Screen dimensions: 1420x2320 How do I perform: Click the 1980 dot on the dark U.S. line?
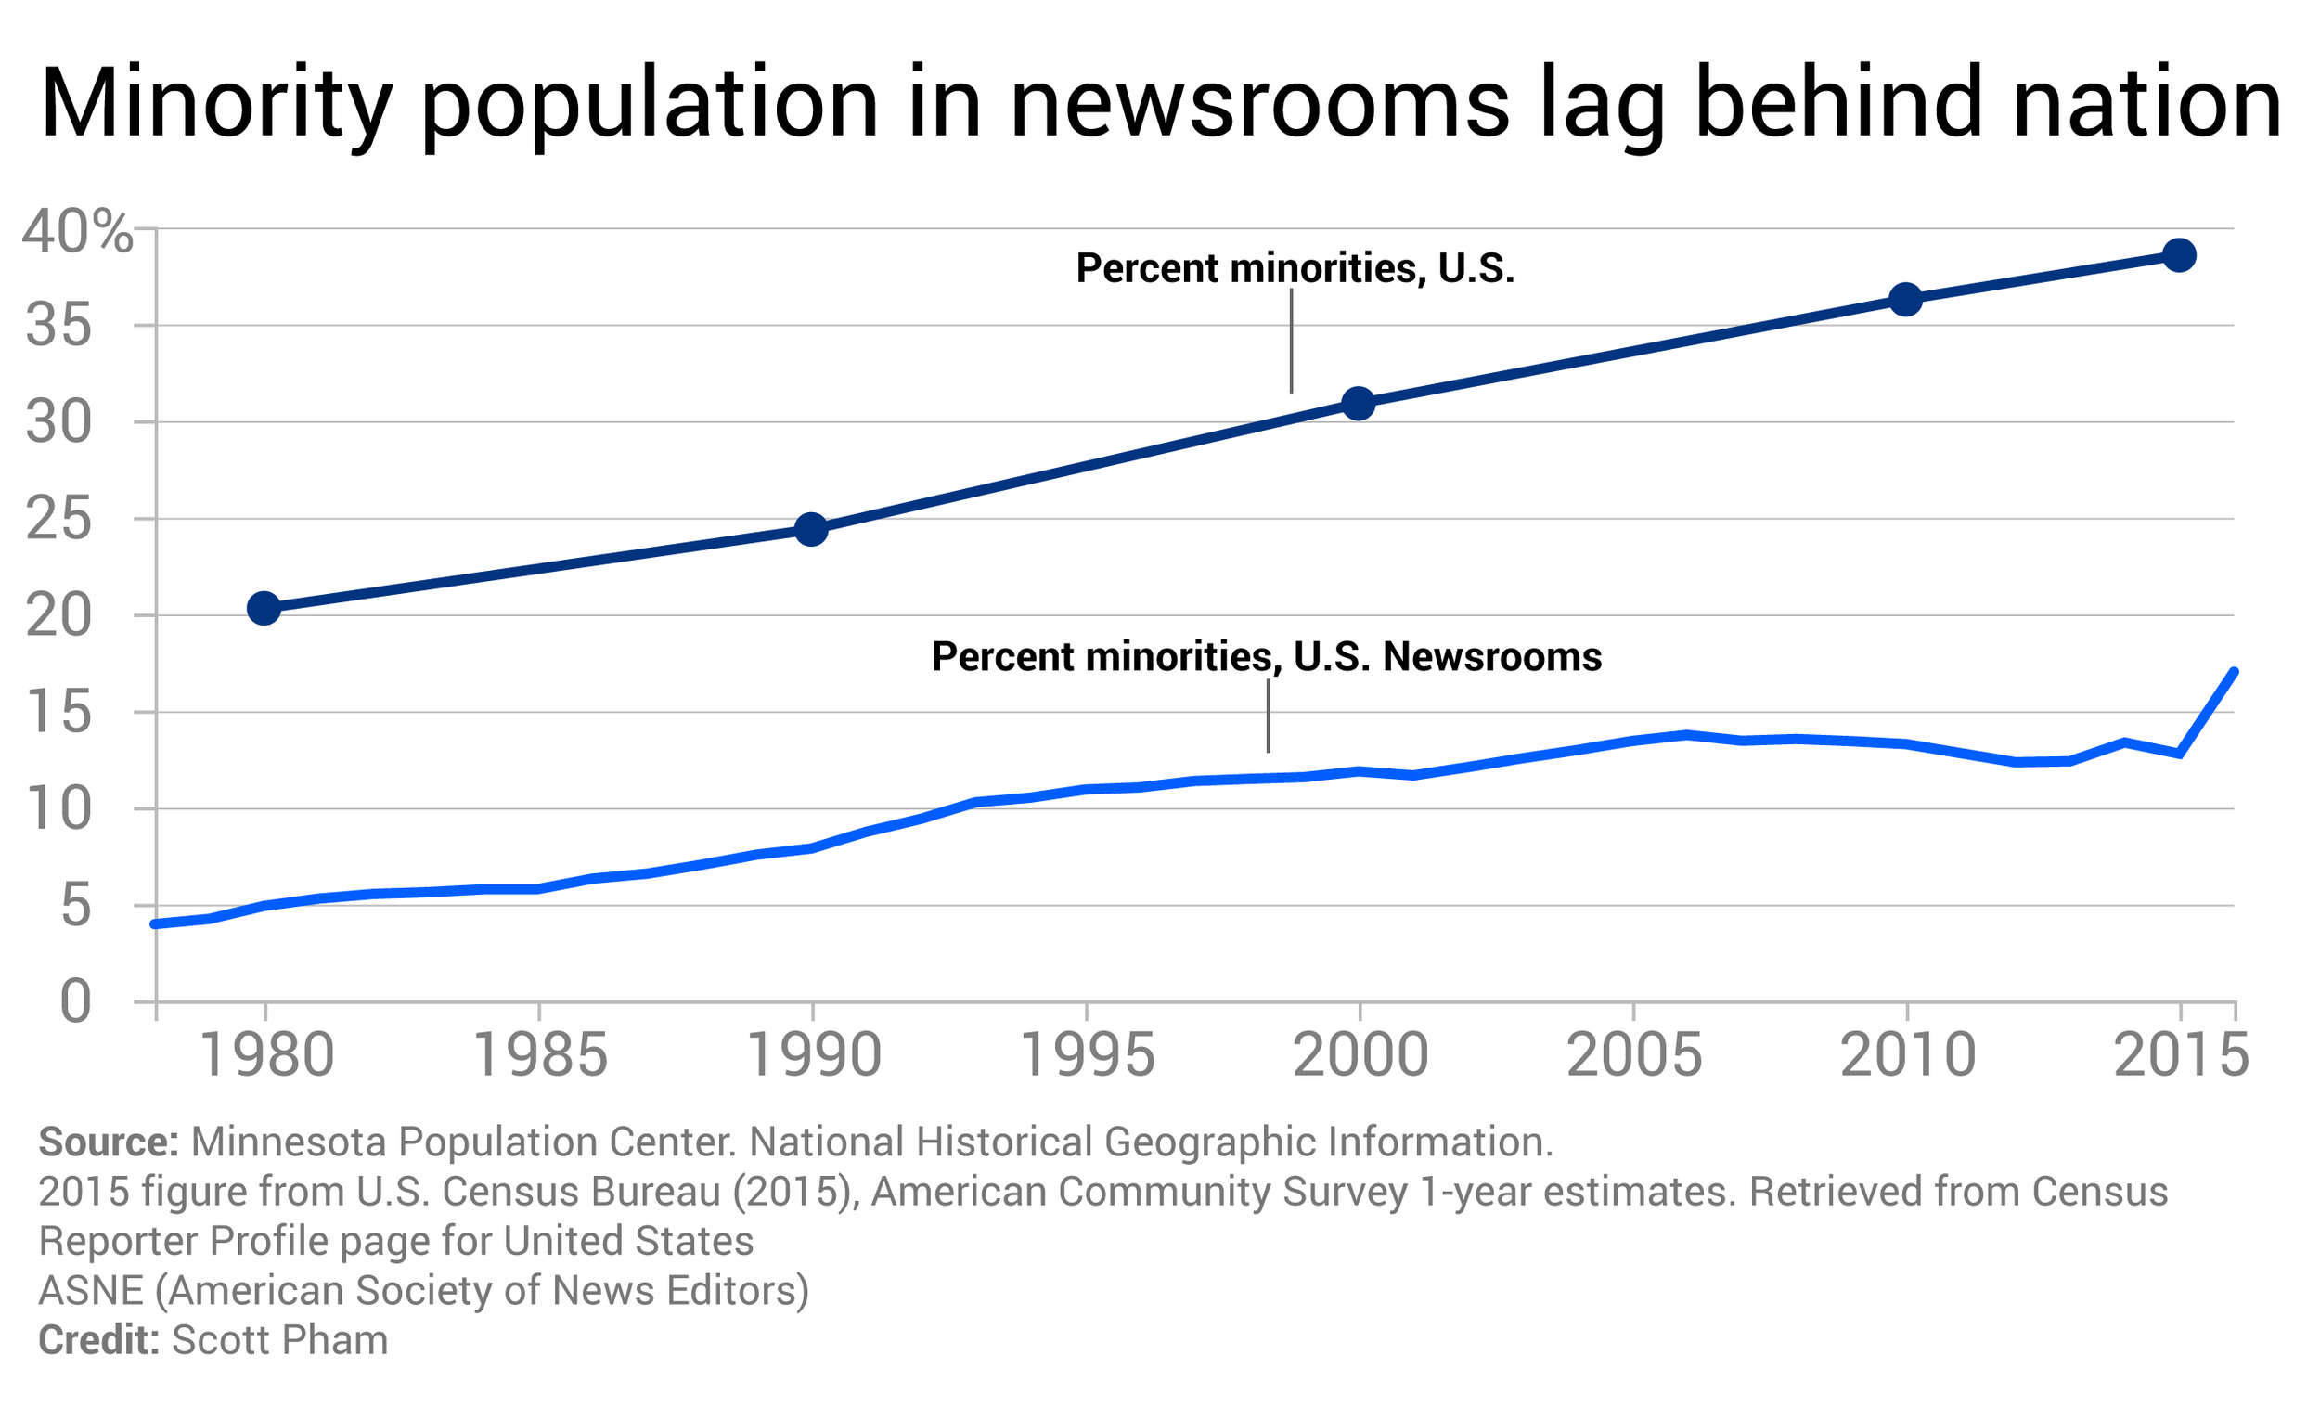264,609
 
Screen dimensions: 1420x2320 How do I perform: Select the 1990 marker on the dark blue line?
812,530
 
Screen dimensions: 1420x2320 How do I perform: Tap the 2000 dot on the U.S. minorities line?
1359,404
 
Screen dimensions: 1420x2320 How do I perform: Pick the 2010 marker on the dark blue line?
1906,301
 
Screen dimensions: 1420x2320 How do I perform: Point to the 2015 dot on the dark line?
2180,255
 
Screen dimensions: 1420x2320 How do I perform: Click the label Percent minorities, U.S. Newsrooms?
1267,657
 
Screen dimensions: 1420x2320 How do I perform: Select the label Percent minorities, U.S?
1295,269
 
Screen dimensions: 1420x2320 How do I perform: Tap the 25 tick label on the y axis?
58,520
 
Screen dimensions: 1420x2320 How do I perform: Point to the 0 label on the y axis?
75,1002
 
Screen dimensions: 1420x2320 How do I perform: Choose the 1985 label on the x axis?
539,1055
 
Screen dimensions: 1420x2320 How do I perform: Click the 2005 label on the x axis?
1633,1055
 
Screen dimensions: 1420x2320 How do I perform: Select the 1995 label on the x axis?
1087,1055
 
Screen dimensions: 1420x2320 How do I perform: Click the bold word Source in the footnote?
108,1142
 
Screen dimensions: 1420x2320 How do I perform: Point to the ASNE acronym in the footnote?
90,1291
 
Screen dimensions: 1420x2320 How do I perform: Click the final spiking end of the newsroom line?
2233,673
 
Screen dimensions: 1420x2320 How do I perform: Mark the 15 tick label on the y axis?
58,713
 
